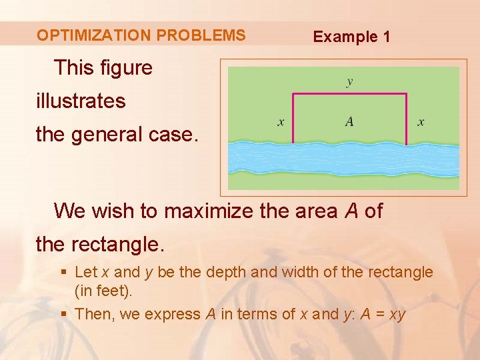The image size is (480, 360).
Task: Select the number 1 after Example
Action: pos(385,37)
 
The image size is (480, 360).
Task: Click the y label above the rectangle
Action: pos(349,82)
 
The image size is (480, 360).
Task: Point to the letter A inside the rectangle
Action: pos(349,121)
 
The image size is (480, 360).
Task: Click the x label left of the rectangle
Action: pos(281,121)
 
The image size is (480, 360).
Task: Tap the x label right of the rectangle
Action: pos(421,121)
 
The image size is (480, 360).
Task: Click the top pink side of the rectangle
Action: pos(349,94)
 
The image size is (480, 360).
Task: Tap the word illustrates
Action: pos(81,102)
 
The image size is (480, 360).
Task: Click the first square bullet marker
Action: pos(63,272)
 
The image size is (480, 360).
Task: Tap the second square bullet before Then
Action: pos(63,314)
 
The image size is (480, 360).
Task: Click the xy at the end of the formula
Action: pos(397,315)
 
